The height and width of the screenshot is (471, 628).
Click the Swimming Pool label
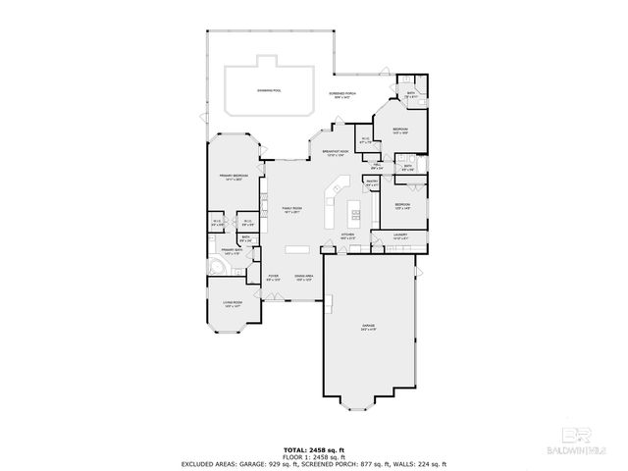268,90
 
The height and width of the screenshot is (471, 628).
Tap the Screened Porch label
341,94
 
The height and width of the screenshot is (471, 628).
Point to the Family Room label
291,210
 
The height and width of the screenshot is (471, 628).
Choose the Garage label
369,328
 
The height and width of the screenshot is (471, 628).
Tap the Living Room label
232,305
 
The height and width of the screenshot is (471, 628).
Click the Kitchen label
347,235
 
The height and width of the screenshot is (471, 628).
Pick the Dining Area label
303,278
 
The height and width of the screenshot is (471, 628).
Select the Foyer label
274,278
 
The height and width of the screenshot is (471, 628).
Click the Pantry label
372,183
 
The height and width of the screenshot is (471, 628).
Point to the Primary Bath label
231,252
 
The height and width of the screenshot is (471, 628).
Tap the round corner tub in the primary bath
215,268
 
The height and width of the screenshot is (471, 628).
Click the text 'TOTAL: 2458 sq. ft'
314,446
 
